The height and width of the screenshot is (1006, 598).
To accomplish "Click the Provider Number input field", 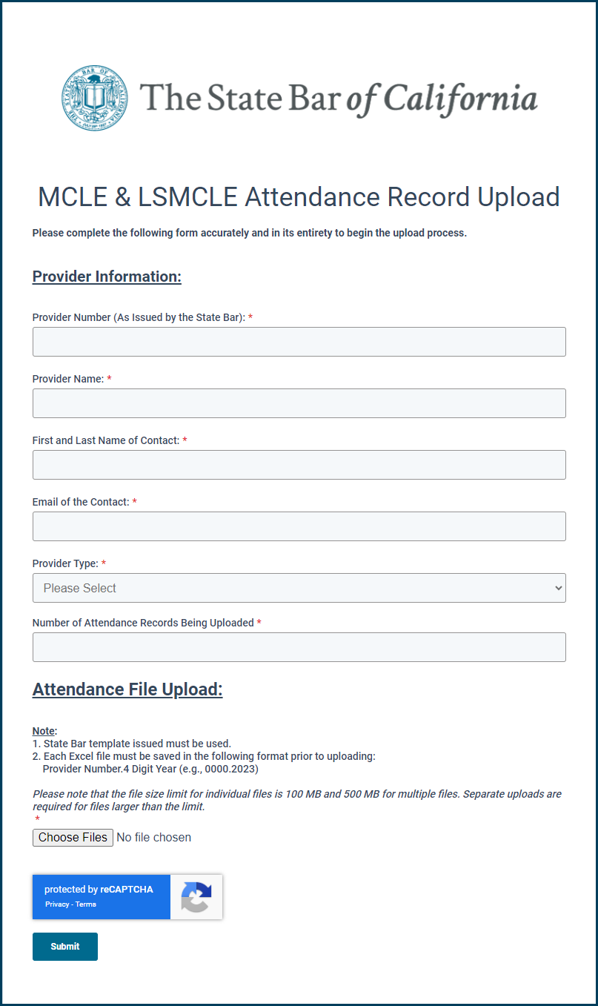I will [x=299, y=342].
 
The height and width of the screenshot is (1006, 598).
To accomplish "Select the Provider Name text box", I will [x=299, y=403].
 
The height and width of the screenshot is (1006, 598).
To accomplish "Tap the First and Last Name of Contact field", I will [x=299, y=465].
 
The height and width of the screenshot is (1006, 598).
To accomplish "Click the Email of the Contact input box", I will [x=299, y=526].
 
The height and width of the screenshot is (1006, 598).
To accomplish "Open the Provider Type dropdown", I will [x=299, y=588].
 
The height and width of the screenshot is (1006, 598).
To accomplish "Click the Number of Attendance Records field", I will [x=299, y=647].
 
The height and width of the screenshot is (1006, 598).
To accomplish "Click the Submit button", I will [x=65, y=947].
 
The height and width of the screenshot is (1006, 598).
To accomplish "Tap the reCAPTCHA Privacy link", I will [x=56, y=904].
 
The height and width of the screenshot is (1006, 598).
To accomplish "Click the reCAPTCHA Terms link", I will [x=86, y=904].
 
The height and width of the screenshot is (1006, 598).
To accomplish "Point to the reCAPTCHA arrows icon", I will [x=196, y=897].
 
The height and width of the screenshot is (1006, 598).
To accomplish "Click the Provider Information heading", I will [x=107, y=277].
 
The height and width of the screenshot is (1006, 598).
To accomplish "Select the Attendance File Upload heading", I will [x=127, y=689].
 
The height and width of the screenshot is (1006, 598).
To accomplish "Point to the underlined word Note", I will [x=44, y=731].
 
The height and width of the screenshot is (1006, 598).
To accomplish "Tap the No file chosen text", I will [x=153, y=838].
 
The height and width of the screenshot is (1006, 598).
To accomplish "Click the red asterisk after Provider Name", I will [x=110, y=379].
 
